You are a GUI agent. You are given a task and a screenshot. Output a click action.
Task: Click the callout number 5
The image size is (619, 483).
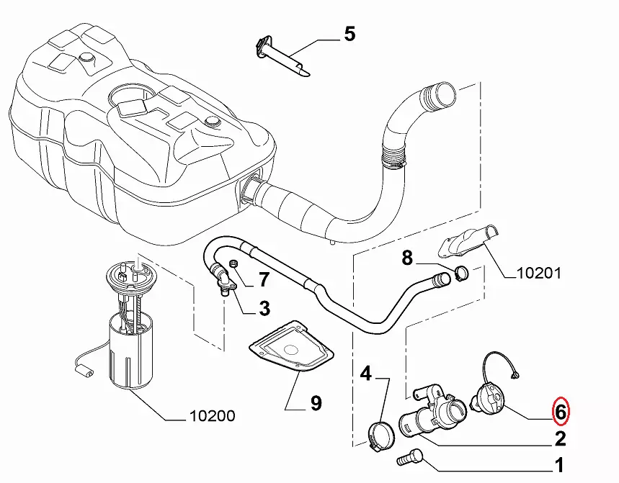349,34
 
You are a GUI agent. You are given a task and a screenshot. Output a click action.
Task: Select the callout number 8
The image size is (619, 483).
407,257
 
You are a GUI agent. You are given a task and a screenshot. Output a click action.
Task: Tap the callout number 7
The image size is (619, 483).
264,279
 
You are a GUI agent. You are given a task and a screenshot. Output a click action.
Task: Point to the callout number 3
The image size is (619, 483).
264,310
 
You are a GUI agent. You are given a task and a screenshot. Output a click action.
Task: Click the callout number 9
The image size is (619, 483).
316,404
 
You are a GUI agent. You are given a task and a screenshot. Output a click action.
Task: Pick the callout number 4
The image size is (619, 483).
366,373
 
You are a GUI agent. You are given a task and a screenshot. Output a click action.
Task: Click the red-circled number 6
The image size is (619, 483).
560,412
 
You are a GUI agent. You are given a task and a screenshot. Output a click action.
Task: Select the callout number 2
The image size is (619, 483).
559,438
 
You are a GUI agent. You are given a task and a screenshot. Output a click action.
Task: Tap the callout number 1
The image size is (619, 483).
559,465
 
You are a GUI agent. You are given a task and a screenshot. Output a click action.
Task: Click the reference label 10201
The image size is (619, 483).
539,274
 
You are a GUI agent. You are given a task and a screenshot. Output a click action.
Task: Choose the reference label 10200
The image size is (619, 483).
211,416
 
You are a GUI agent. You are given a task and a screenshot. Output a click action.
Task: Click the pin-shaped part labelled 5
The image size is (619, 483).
282,57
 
